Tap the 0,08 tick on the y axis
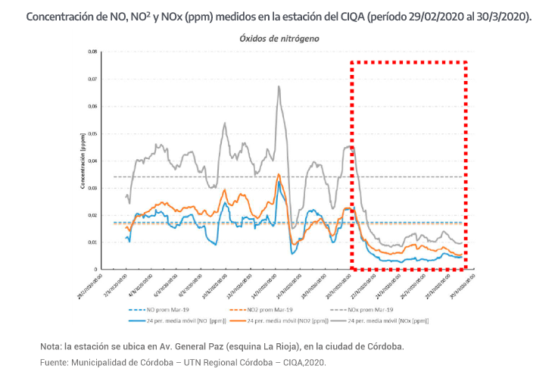point(92,52)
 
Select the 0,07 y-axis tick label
point(92,79)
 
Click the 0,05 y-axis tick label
point(92,133)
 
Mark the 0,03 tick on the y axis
point(92,188)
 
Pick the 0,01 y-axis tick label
point(92,242)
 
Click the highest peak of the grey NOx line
point(279,86)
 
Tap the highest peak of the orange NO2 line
point(279,174)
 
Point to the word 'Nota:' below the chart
point(51,346)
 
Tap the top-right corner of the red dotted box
point(465,62)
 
